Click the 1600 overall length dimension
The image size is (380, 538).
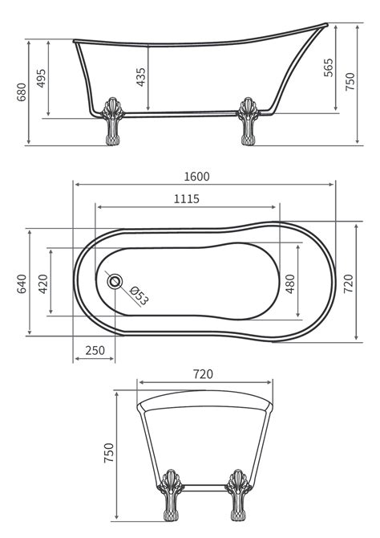(x=196, y=177)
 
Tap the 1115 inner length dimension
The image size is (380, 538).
(x=187, y=198)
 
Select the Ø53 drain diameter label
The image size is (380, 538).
(x=139, y=295)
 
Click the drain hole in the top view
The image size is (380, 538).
(x=115, y=281)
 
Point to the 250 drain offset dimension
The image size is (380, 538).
(x=95, y=350)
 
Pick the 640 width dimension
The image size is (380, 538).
(x=22, y=283)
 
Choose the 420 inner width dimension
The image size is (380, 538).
(x=43, y=283)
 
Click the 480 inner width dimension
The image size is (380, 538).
(x=290, y=283)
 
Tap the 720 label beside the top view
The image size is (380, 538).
(x=348, y=283)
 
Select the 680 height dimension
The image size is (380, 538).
(x=21, y=92)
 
